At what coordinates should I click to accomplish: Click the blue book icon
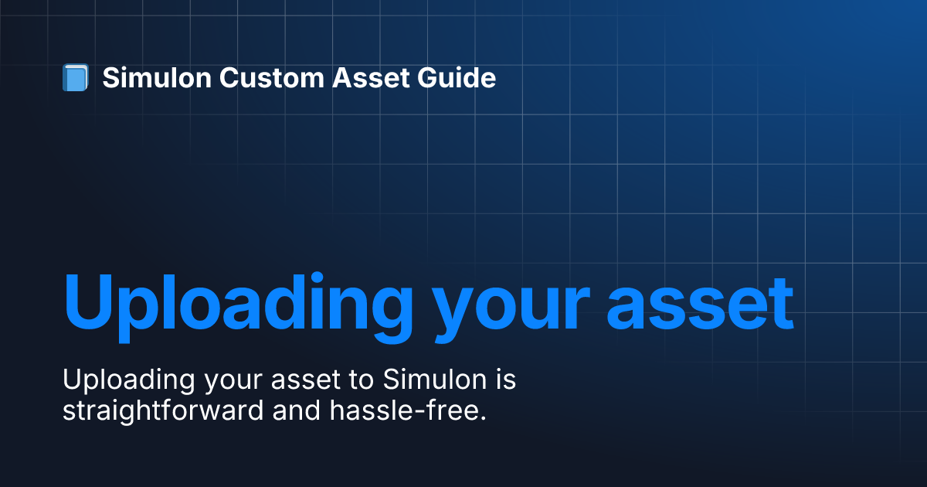[76, 77]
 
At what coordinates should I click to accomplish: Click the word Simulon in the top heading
[157, 77]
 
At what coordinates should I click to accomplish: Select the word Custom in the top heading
[271, 77]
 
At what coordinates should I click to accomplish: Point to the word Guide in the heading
[456, 77]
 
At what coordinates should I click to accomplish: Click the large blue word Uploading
[238, 308]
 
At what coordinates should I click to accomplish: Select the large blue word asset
[700, 304]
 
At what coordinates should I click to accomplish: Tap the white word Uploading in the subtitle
[129, 381]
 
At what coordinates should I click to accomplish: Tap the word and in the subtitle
[297, 410]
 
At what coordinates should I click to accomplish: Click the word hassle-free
[402, 410]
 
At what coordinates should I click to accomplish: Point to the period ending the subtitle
[483, 418]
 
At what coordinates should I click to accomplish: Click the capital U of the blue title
[88, 301]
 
